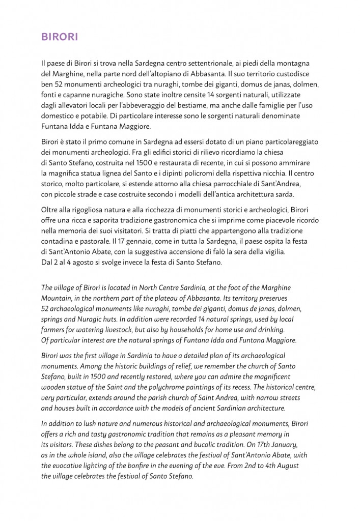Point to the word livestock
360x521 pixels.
click(113, 330)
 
